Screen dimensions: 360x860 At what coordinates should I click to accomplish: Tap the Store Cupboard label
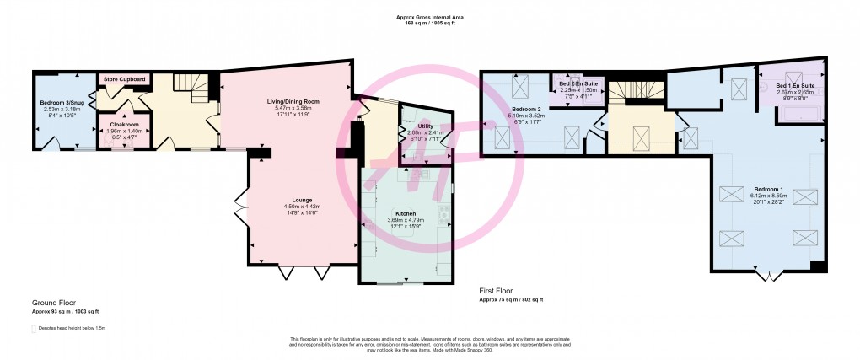click(x=125, y=79)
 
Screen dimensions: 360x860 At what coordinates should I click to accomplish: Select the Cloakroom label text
click(x=125, y=125)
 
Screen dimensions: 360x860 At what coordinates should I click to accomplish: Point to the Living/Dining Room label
click(x=288, y=102)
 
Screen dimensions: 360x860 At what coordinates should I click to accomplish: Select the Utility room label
click(x=425, y=126)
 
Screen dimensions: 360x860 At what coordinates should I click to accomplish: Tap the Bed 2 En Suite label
click(x=578, y=84)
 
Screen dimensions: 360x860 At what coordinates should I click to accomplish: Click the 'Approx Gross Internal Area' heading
click(x=430, y=17)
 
